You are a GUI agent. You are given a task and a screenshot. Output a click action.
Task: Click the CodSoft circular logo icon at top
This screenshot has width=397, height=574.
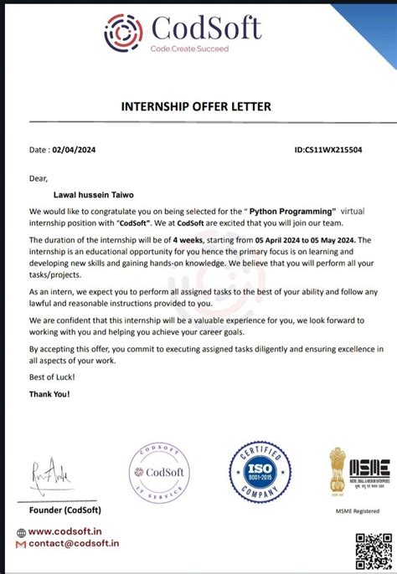[123, 33]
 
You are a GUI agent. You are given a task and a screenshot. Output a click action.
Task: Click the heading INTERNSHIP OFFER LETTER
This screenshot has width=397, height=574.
[198, 106]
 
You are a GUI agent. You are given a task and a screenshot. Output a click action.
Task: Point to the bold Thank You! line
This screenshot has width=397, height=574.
[50, 393]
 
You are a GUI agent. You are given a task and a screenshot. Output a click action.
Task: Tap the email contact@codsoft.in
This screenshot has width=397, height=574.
[74, 543]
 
